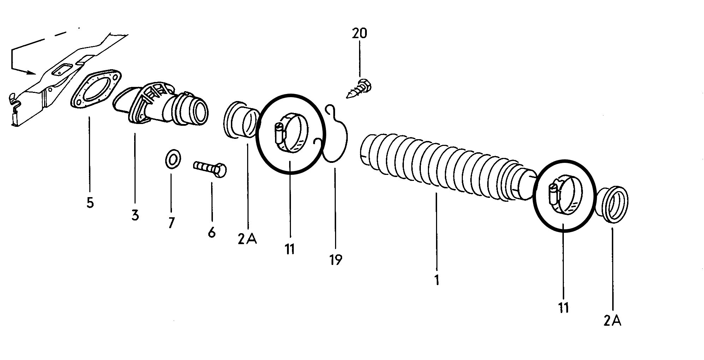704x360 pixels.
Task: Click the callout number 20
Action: pos(359,34)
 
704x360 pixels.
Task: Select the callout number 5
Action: pos(90,203)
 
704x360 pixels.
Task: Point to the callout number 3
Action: pos(135,215)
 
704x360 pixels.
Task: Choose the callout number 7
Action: pos(171,223)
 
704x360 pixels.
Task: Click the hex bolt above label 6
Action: pos(210,169)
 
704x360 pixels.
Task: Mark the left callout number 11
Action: pos(290,249)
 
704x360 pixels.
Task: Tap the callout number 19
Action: pos(335,260)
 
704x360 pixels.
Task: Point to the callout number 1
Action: pos(437,280)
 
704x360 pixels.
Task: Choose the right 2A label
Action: pos(612,320)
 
